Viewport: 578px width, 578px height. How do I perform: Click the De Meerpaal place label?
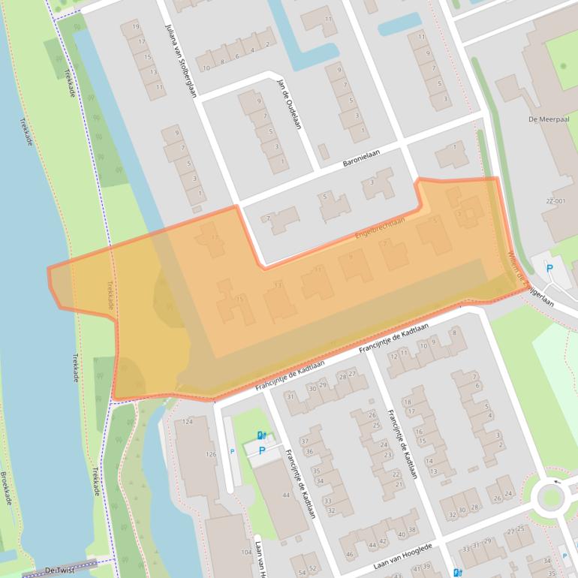point(546,119)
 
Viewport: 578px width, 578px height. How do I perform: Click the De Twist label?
point(61,571)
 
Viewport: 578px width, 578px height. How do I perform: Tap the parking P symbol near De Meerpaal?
point(549,268)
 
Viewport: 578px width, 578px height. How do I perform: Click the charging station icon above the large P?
point(260,435)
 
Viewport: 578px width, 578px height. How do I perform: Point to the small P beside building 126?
point(232,451)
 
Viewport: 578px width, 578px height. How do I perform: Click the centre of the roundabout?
point(550,496)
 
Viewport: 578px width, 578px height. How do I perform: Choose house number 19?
point(135,27)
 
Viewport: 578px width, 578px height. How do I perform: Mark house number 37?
point(305,441)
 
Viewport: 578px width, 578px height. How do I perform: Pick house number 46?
point(349,555)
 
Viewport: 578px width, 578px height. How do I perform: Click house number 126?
point(211,454)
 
